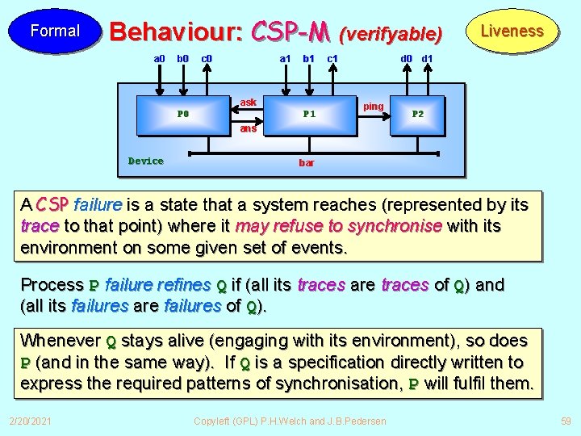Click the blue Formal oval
click(x=55, y=31)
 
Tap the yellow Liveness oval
click(x=512, y=31)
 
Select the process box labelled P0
click(x=183, y=114)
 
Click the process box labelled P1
click(x=309, y=114)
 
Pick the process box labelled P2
click(x=418, y=114)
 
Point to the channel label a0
click(x=159, y=58)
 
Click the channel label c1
click(x=332, y=58)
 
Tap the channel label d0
click(x=407, y=58)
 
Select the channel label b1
click(x=308, y=58)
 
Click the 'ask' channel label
click(x=249, y=103)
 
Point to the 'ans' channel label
click(x=248, y=128)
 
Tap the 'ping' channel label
click(x=374, y=107)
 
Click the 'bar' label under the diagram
click(x=307, y=162)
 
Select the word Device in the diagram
click(x=146, y=161)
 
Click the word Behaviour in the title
click(x=175, y=31)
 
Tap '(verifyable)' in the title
click(x=391, y=34)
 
